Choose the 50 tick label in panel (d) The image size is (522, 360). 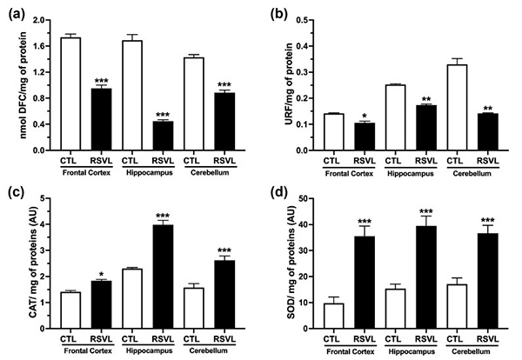[x=302, y=199]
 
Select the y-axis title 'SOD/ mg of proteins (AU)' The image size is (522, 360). [x=284, y=264]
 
